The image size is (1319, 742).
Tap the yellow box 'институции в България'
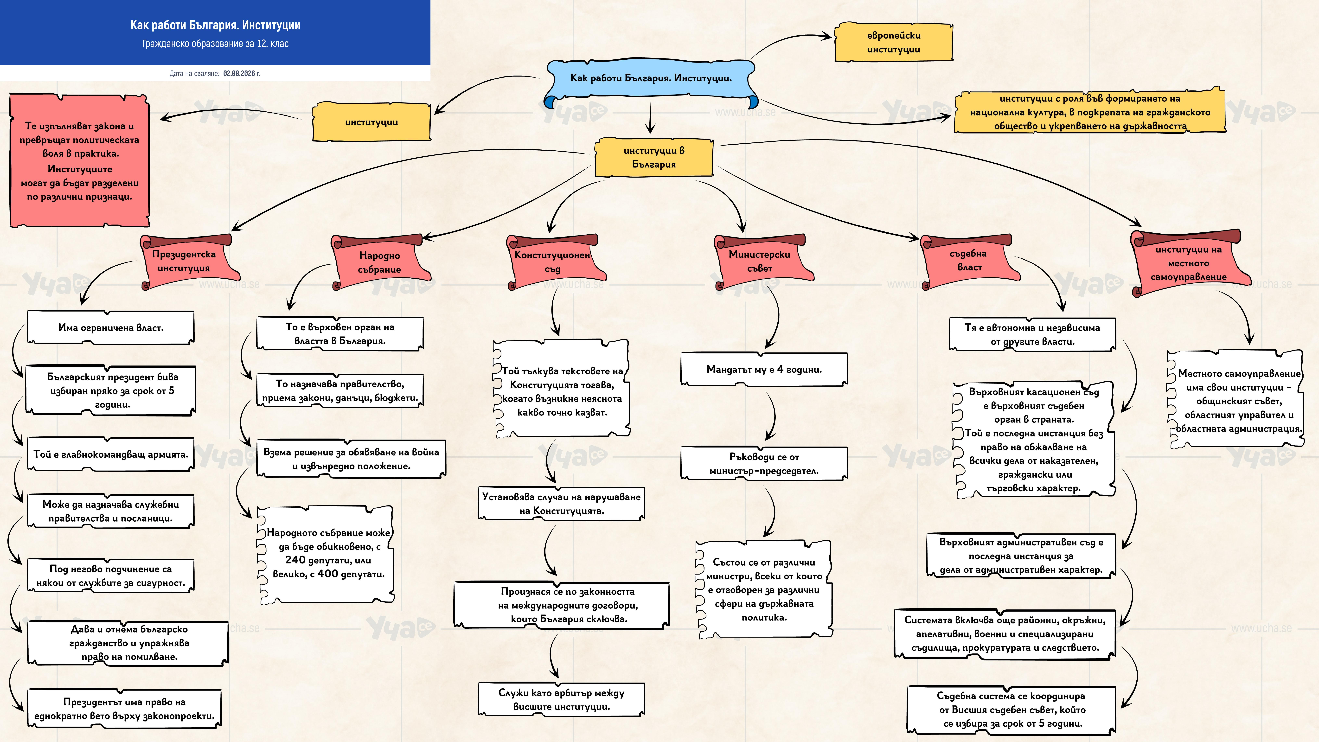pos(654,157)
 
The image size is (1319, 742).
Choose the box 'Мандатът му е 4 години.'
pos(764,369)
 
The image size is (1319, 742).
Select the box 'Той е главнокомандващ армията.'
pos(111,454)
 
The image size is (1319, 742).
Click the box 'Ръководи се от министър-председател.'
pos(764,463)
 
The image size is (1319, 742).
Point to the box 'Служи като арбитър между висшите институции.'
pos(561,699)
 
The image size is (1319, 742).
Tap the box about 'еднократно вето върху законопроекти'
pos(124,709)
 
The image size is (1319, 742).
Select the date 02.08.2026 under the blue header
pos(239,73)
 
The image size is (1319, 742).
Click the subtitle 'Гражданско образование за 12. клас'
pos(215,44)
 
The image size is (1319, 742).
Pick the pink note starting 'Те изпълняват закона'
pos(80,160)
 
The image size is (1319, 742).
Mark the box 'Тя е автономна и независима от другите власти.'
pos(1032,334)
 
